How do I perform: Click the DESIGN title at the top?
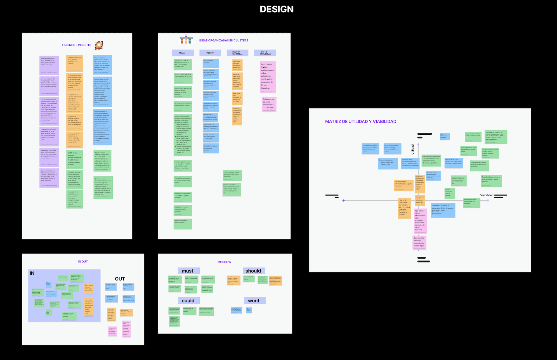click(277, 9)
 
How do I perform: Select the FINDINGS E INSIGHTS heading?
click(76, 45)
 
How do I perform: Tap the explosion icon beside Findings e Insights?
click(99, 45)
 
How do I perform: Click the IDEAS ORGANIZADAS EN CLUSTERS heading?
click(224, 41)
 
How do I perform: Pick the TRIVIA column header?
click(182, 53)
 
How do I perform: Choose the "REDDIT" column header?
click(210, 53)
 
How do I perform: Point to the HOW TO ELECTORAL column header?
click(237, 53)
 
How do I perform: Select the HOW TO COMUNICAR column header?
click(265, 53)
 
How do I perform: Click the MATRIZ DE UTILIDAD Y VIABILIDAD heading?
click(360, 122)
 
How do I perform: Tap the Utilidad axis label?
click(412, 149)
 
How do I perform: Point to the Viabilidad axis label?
click(487, 195)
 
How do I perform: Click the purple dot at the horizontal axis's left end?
click(344, 200)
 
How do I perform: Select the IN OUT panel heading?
click(83, 262)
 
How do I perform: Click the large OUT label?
click(120, 279)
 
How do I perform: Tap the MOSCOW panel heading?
click(224, 262)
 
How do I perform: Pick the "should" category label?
click(254, 271)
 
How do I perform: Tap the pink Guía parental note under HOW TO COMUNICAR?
click(269, 104)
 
